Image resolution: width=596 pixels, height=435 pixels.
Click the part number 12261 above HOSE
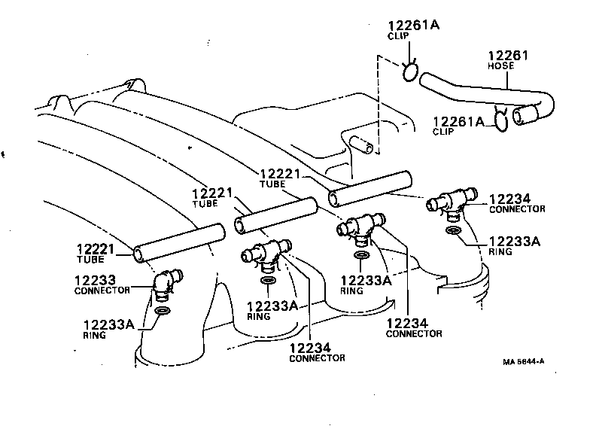point(508,56)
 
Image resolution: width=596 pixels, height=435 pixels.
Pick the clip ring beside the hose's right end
point(500,120)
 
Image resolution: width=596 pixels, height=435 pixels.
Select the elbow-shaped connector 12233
point(165,287)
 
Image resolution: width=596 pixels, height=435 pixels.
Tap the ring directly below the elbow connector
point(163,311)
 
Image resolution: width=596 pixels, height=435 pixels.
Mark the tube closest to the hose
point(370,188)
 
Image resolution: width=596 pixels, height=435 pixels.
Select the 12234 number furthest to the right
point(509,199)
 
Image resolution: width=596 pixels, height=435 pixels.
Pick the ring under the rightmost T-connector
point(454,230)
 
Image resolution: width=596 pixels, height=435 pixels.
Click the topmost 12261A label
point(414,25)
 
